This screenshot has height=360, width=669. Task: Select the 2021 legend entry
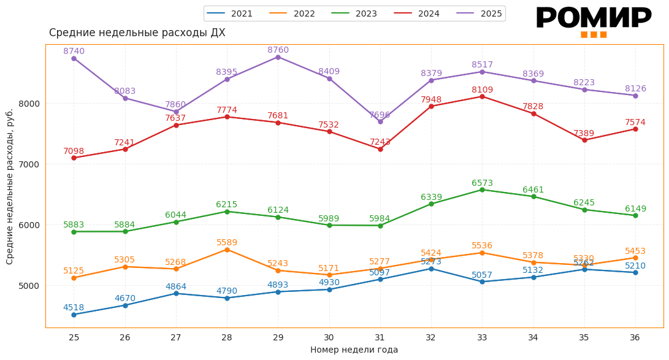pyautogui.click(x=232, y=13)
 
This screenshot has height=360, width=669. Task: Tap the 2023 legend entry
pyautogui.click(x=356, y=13)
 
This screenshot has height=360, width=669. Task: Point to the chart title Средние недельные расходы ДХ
pyautogui.click(x=137, y=33)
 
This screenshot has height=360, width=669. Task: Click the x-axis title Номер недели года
pyautogui.click(x=354, y=350)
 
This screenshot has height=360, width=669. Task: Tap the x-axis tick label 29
pyautogui.click(x=278, y=337)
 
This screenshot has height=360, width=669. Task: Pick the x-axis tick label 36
pyautogui.click(x=635, y=337)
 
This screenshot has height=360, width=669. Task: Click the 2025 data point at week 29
pyautogui.click(x=278, y=57)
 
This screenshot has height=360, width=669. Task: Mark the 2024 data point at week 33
pyautogui.click(x=482, y=96)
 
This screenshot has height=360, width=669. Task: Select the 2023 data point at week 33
pyautogui.click(x=482, y=190)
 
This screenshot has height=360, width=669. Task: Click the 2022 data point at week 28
pyautogui.click(x=227, y=250)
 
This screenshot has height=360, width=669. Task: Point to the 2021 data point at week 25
pyautogui.click(x=74, y=315)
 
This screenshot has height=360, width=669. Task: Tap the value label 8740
pyautogui.click(x=74, y=52)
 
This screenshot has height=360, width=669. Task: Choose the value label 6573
pyautogui.click(x=482, y=183)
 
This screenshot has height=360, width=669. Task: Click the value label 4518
pyautogui.click(x=74, y=308)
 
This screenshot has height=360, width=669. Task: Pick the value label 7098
pyautogui.click(x=74, y=151)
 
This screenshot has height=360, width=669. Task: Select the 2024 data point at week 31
pyautogui.click(x=380, y=149)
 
